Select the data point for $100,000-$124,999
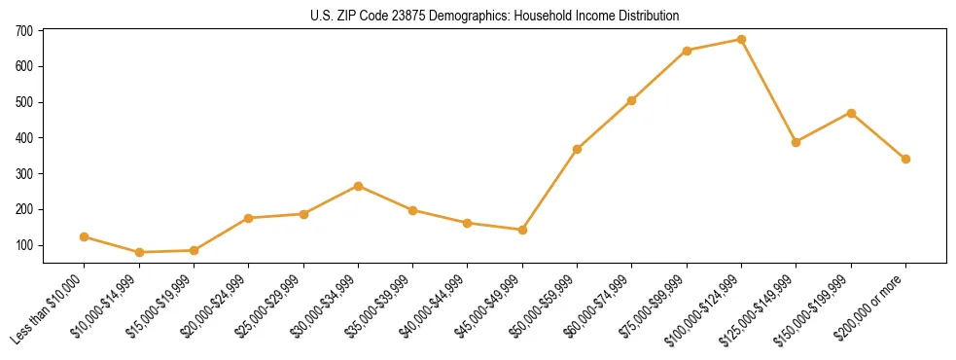point(742,40)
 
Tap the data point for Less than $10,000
point(85,236)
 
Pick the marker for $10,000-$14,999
point(139,253)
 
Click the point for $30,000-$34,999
point(359,186)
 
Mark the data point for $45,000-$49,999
point(523,230)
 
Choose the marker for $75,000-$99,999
point(688,51)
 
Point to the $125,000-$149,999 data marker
point(797,142)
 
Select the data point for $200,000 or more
point(905,159)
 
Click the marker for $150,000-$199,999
point(851,113)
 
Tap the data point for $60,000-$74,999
point(632,100)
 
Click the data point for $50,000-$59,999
point(578,149)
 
